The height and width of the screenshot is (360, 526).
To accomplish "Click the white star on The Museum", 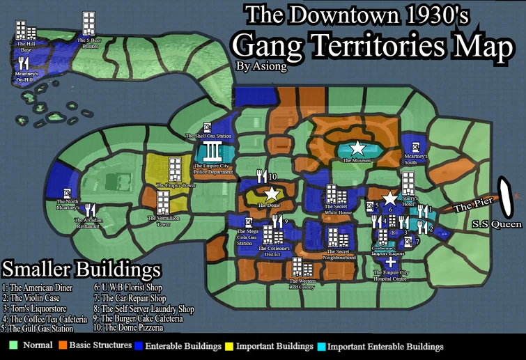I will click(x=357, y=148).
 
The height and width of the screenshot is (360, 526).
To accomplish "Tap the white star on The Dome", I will click(x=271, y=194).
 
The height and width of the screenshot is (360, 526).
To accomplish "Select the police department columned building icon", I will click(x=214, y=151).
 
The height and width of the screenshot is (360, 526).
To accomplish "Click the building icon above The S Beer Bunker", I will click(x=88, y=24).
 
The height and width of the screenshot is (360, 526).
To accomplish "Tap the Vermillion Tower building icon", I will click(x=162, y=203).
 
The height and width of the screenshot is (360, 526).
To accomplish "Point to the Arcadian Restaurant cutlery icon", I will click(x=89, y=211).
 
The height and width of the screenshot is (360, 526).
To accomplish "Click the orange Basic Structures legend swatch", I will click(x=63, y=345).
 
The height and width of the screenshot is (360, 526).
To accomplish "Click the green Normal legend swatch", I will click(x=13, y=345).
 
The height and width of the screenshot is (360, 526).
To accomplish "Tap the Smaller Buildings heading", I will click(x=82, y=269).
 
